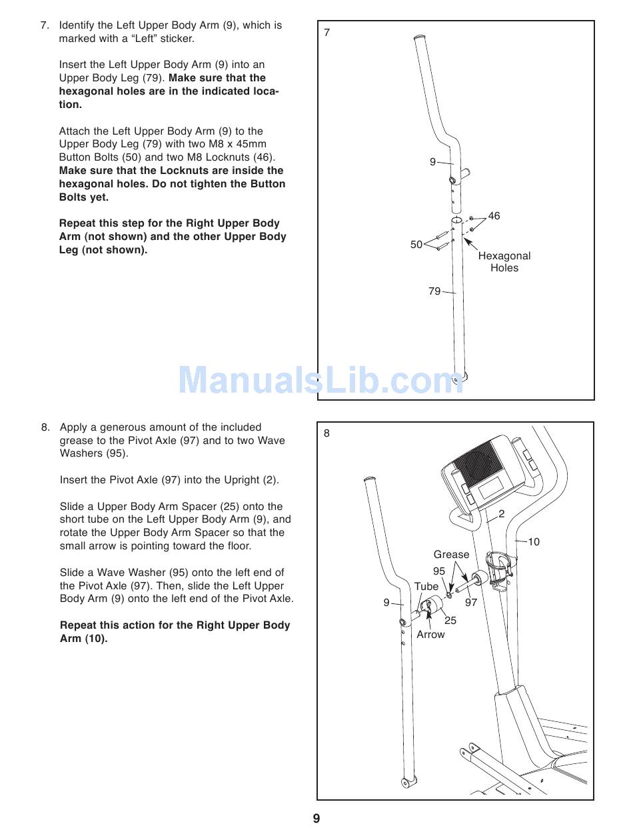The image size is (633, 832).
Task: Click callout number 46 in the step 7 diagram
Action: (494, 216)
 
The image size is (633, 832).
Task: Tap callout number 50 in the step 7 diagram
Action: (416, 245)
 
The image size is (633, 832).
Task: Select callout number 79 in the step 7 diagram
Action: (434, 291)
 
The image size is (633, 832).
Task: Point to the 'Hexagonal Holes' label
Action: (504, 262)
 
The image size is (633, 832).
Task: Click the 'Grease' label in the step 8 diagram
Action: (451, 555)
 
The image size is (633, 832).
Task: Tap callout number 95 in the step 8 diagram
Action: (439, 571)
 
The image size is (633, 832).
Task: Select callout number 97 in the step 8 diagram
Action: (471, 603)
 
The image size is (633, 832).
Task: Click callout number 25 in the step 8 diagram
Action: (450, 621)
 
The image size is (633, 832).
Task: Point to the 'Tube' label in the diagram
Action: (426, 587)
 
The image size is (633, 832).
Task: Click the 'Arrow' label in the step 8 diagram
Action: (430, 635)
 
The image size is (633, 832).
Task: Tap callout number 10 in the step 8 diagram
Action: (534, 542)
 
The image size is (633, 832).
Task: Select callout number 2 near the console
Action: (501, 514)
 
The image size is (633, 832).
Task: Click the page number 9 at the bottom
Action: (316, 819)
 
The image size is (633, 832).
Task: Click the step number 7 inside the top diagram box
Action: (327, 33)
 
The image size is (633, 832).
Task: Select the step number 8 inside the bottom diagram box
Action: (326, 433)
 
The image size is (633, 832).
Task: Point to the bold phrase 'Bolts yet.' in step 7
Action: (84, 197)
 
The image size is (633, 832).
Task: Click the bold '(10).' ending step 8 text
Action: (96, 639)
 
